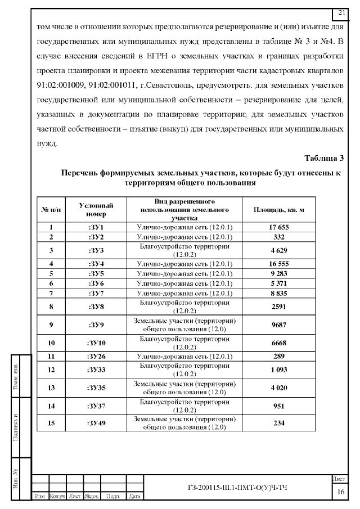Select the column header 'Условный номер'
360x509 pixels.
[96, 210]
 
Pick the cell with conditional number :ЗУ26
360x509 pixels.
[96, 357]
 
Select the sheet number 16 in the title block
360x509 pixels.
[341, 492]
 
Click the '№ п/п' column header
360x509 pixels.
[51, 210]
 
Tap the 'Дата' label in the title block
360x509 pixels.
[134, 497]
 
